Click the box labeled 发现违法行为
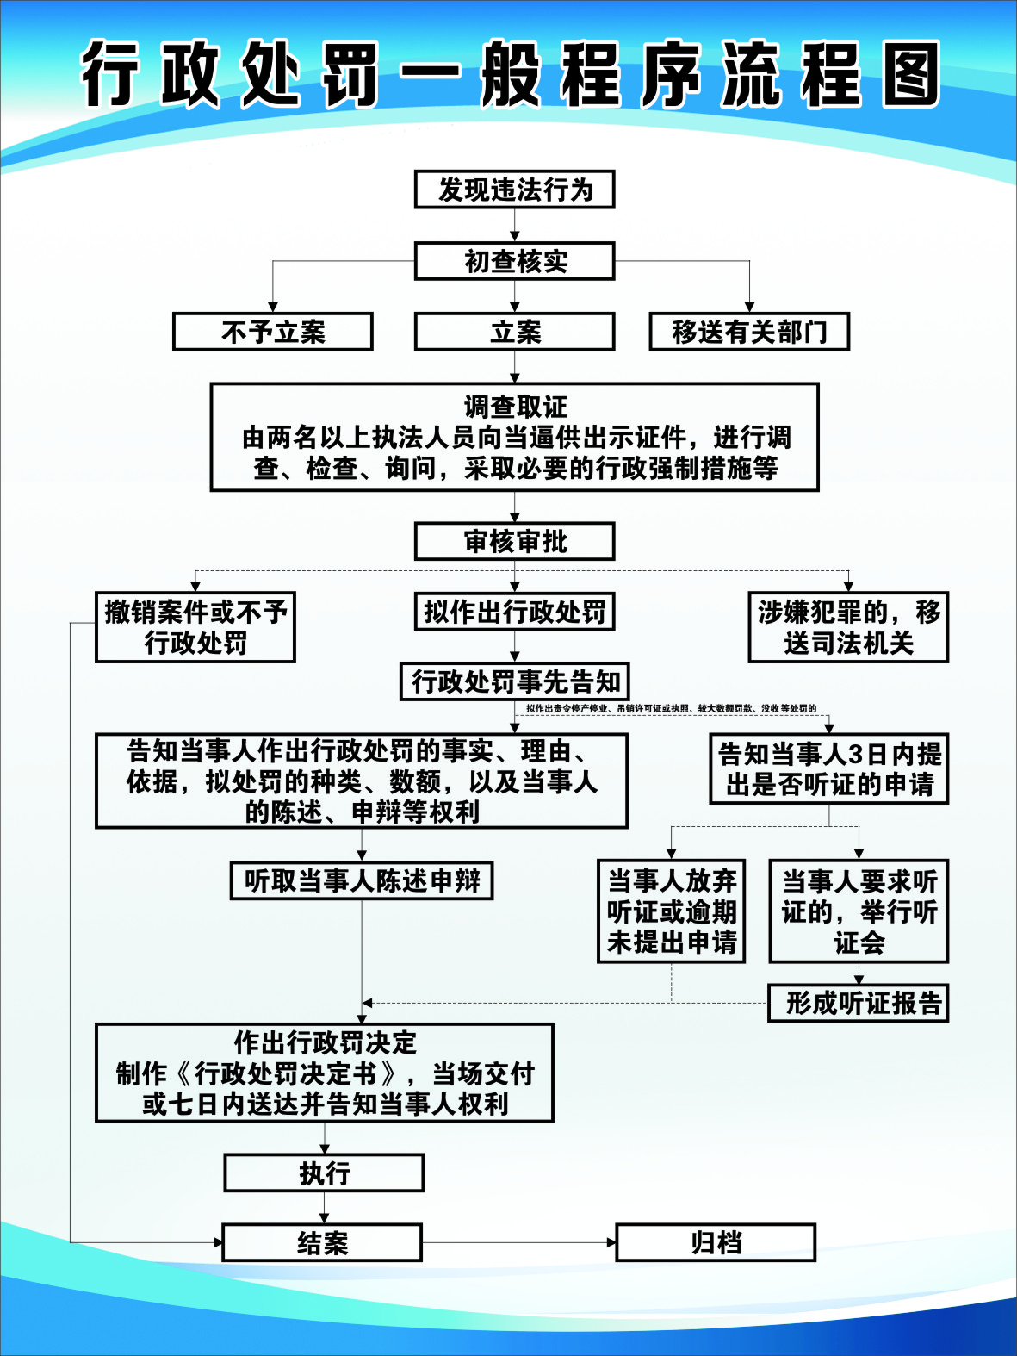pos(514,190)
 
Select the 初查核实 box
pos(514,261)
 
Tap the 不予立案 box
pos(273,332)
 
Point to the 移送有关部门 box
pos(749,332)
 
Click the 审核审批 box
pos(514,542)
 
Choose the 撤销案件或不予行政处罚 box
pos(195,627)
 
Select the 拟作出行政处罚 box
pos(514,613)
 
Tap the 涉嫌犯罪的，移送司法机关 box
pos(848,627)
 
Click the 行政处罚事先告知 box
pos(515,681)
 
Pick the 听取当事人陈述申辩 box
pos(362,880)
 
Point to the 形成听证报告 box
pos(858,1003)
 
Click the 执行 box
pos(324,1173)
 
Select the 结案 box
pos(322,1242)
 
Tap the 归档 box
pos(715,1242)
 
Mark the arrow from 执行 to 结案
pos(324,1208)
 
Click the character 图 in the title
pos(908,75)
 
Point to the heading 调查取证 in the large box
pos(515,407)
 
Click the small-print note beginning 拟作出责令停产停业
pos(671,709)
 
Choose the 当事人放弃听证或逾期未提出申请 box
pos(672,911)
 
